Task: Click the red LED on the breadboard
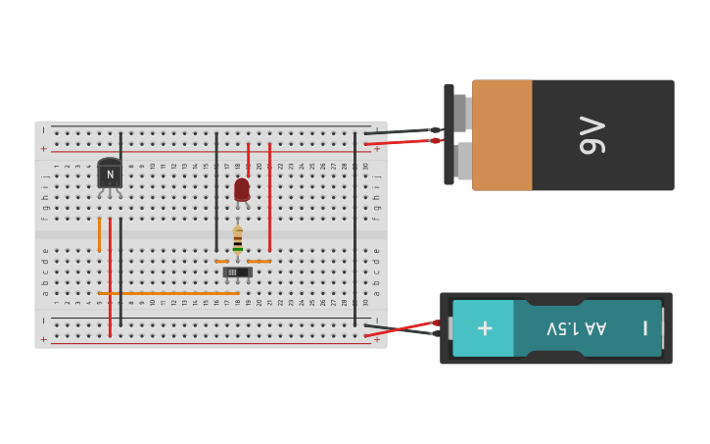coord(242,189)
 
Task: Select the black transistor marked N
coord(110,174)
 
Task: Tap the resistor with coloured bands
coord(237,240)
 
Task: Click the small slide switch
coord(237,271)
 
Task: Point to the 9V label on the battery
coord(592,135)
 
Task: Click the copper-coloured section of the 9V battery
coord(502,135)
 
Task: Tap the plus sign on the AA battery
coord(485,327)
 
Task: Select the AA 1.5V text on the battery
coord(576,327)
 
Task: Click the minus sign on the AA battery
coord(644,327)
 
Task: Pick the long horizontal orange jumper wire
coord(168,293)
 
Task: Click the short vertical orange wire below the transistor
coord(99,234)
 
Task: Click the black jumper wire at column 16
coord(216,191)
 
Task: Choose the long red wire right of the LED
coord(269,196)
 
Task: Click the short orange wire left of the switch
coord(221,262)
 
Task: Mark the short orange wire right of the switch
coord(260,262)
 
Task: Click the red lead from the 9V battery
coord(402,142)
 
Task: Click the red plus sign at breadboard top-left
coord(43,149)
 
